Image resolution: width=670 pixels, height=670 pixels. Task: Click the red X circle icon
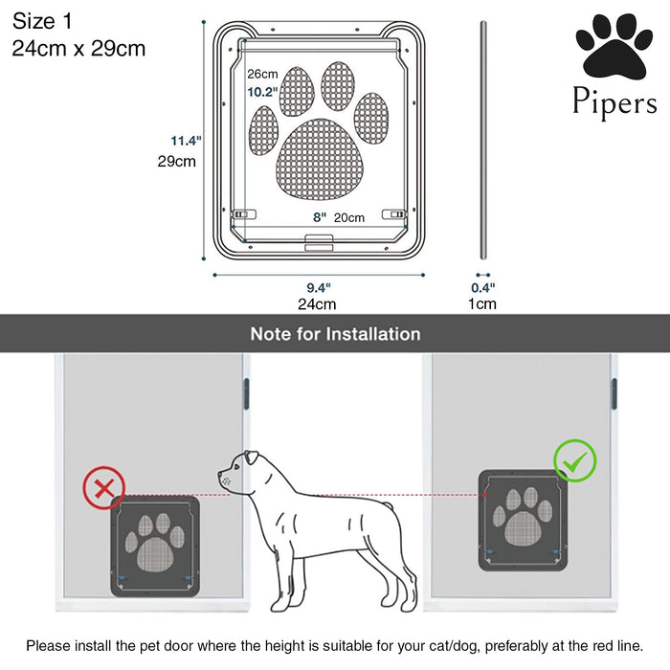point(103,488)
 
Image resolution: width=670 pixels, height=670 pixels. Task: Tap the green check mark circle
point(574,461)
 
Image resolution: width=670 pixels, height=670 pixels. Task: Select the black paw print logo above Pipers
point(614,47)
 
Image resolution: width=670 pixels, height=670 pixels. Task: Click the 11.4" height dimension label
point(186,141)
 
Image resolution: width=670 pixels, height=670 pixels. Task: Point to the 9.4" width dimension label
point(319,287)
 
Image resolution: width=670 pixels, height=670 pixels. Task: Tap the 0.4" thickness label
point(482,287)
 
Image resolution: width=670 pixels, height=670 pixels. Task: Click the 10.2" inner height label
point(262,92)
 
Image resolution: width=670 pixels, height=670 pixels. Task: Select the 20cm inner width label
point(349,217)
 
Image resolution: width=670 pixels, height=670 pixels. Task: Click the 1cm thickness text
point(482,303)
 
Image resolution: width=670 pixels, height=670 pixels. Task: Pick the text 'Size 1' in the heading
point(42,21)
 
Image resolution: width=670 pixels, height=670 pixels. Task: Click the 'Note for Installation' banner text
point(335,334)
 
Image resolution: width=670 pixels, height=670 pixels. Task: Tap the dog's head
point(240,471)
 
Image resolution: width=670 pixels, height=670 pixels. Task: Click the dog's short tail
point(388,505)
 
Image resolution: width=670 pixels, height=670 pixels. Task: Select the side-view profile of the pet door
point(483,140)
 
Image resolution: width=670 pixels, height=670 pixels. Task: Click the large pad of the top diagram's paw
point(320,160)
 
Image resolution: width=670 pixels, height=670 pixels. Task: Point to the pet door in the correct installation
point(523,521)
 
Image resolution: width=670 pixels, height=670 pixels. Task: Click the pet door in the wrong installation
point(155,547)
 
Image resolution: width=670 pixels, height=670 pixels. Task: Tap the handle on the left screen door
point(246,393)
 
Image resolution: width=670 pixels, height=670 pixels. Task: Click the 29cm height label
point(176,162)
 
